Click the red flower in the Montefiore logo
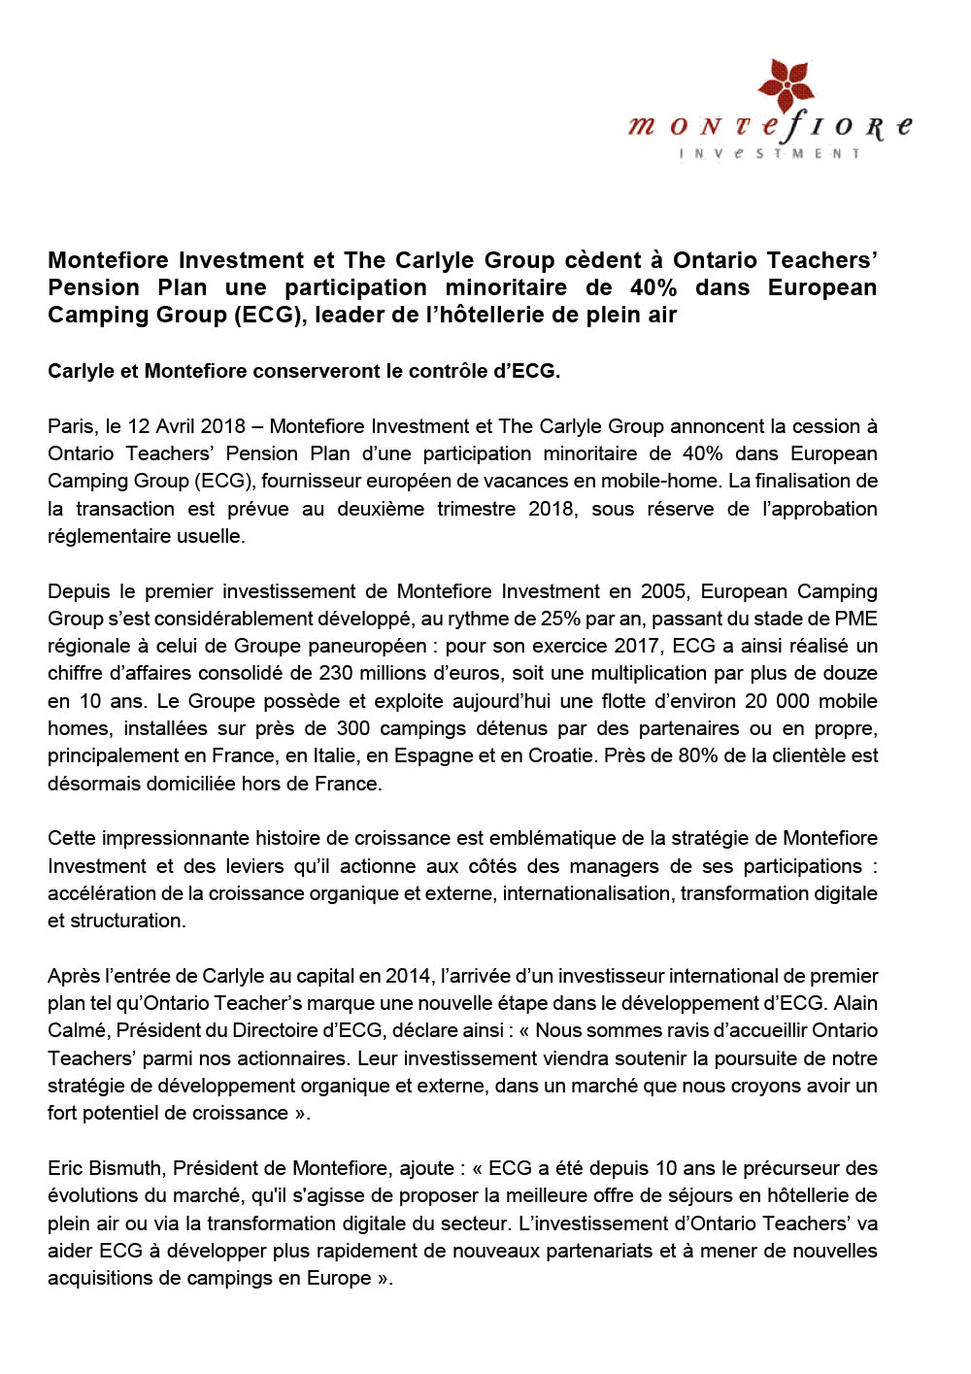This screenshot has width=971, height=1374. [786, 85]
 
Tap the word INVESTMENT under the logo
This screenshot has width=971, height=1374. [770, 153]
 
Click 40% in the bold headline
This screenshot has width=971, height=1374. [653, 287]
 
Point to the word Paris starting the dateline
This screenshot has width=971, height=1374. [72, 426]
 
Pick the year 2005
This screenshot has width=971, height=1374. [663, 591]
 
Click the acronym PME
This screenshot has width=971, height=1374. [856, 619]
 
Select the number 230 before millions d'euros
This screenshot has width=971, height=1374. [340, 673]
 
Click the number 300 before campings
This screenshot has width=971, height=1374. [352, 728]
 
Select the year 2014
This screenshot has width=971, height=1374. [408, 976]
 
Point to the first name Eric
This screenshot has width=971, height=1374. [66, 1168]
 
